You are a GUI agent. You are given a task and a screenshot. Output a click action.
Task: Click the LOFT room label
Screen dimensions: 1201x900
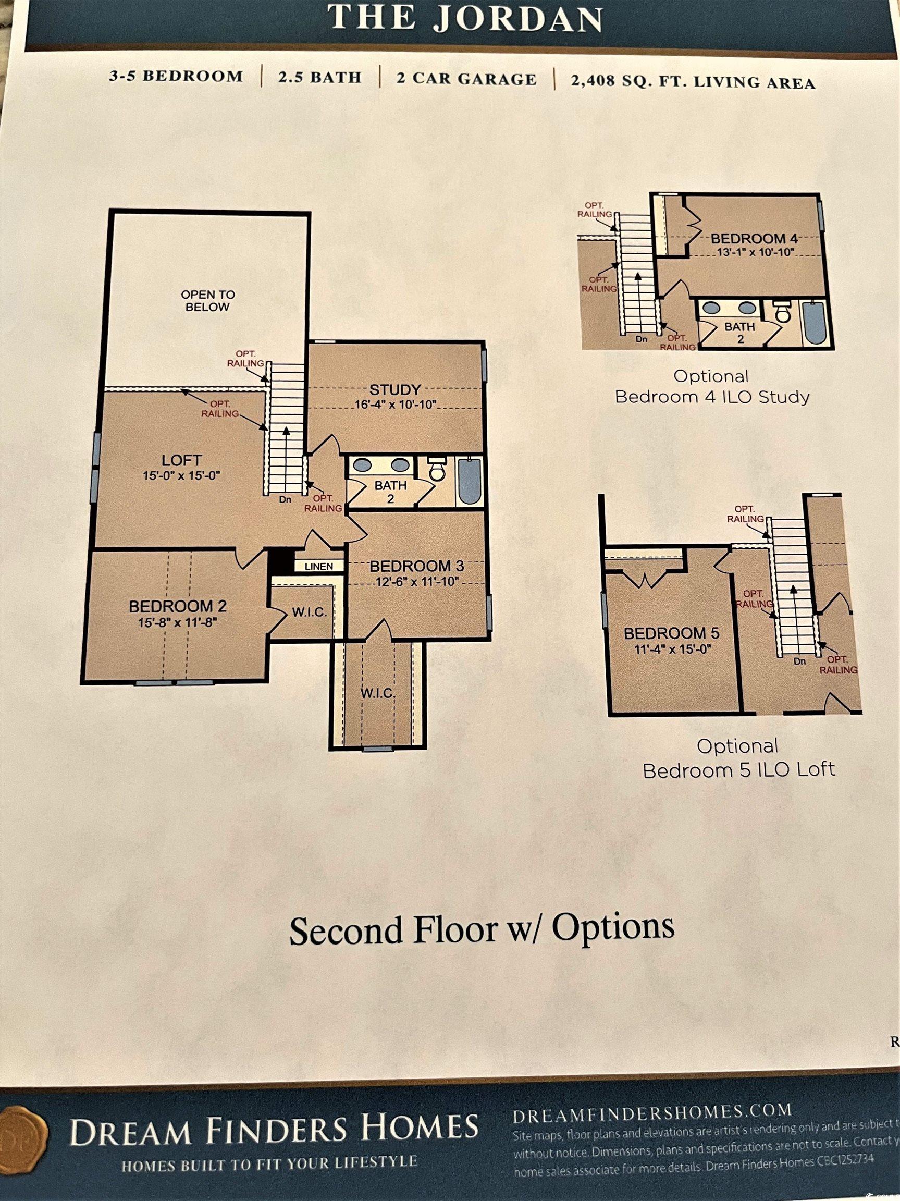coord(181,460)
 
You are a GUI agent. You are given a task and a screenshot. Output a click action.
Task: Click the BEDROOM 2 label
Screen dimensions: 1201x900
coord(178,606)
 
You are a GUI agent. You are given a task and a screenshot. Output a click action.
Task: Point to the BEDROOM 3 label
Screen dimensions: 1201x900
coord(416,566)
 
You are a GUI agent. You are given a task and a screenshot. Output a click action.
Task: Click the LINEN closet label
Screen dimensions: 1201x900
coord(318,566)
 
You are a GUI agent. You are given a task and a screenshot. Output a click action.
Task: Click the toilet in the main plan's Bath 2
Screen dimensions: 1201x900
coord(436,471)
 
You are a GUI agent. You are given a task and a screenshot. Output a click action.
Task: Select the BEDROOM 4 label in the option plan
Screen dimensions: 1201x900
coord(748,238)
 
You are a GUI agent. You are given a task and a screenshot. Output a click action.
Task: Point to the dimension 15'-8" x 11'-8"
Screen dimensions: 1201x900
coord(178,622)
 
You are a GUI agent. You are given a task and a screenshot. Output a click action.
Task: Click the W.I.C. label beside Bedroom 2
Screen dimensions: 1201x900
coord(310,612)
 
